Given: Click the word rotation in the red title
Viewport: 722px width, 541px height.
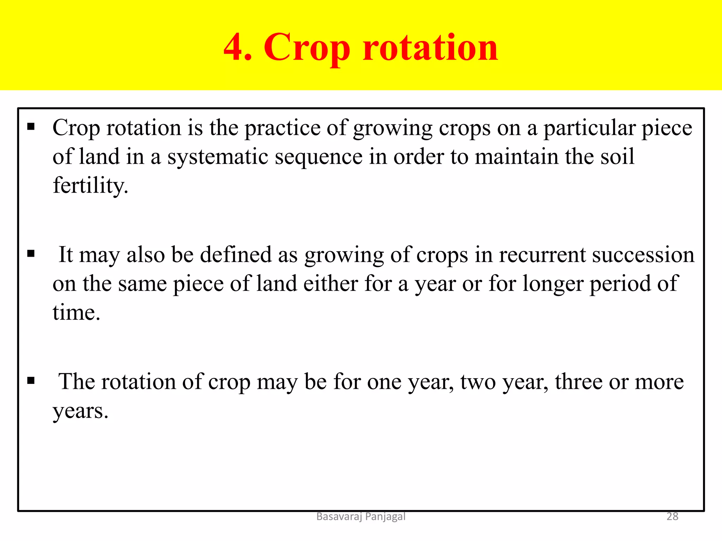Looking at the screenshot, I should pos(430,48).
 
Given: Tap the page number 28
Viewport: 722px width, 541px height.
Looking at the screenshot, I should pos(672,516).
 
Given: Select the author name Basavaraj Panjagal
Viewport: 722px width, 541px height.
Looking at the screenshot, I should pos(361,516).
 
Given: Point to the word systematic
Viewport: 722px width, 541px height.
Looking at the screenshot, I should pos(218,157).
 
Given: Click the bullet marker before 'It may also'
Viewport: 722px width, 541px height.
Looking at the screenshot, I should pos(31,254).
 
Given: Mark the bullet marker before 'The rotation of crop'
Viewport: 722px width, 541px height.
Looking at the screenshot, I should pos(31,380).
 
